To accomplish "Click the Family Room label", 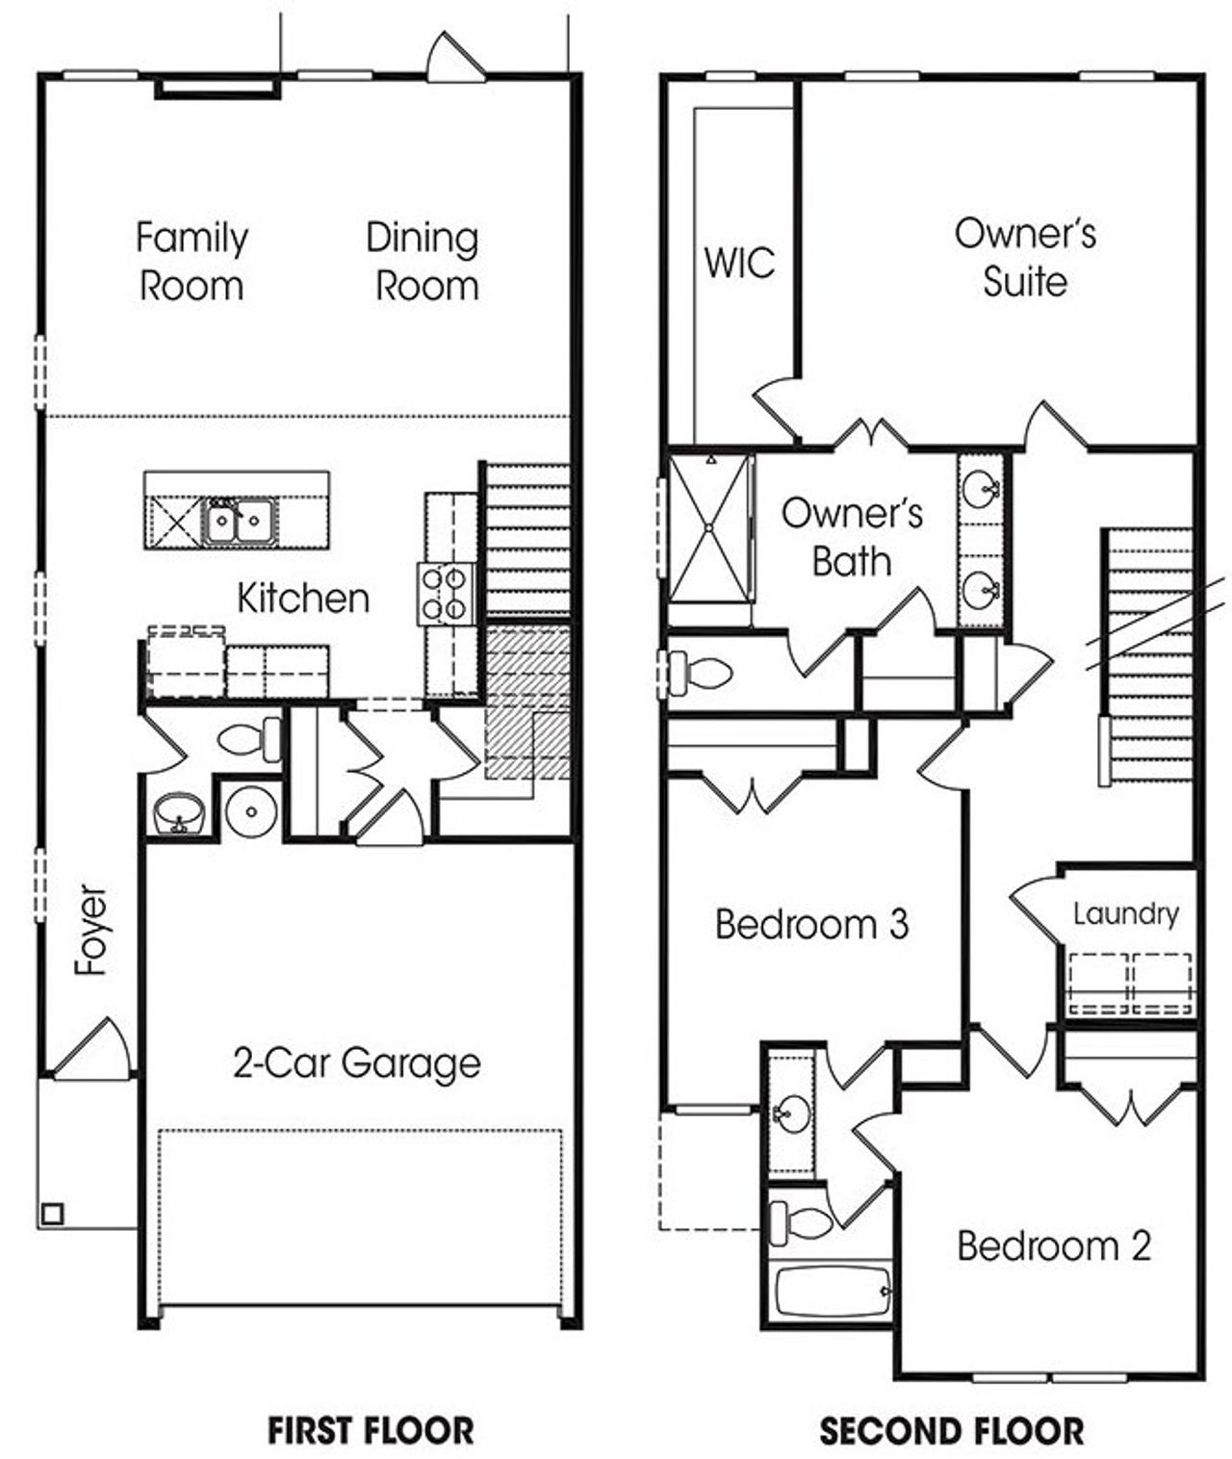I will point(191,262).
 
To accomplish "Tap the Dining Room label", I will point(423,262).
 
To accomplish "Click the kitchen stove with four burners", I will point(446,594).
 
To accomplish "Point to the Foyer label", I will point(92,930).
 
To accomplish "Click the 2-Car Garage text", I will point(356,1063).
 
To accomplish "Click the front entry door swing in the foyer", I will point(93,1049).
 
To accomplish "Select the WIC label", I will point(738,263).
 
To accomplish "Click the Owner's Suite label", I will point(1025,257).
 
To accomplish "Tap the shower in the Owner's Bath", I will point(710,527).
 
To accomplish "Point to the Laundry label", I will point(1125,913).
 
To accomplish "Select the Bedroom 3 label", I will point(811,925).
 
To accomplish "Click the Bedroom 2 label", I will point(1053,1246).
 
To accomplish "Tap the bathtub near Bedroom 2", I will point(833,1292).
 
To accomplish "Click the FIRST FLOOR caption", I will point(370,1430).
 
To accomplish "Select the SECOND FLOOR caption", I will point(951,1430).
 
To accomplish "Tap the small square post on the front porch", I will point(52,1214).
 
